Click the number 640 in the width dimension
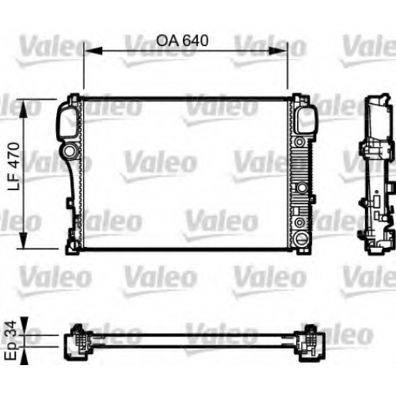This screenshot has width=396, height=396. click(x=196, y=40)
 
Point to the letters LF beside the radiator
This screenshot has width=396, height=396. click(x=14, y=182)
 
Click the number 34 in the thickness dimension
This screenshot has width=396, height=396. click(x=11, y=329)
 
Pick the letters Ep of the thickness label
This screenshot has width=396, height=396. click(x=12, y=350)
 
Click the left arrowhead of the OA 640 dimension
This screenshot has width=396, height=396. click(x=93, y=51)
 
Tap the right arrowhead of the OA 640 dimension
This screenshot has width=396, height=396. click(x=278, y=51)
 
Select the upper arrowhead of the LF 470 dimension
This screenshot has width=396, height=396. click(x=24, y=109)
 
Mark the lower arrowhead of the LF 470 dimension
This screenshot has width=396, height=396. click(x=24, y=240)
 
